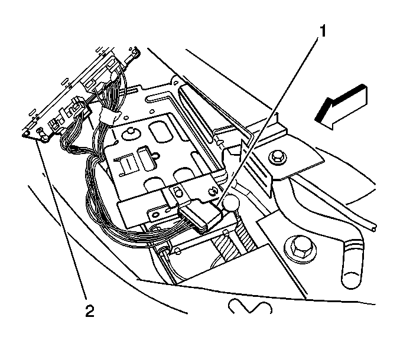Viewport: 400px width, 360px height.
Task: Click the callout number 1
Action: pos(323,31)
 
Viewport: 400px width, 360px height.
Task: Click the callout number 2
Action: pos(90,311)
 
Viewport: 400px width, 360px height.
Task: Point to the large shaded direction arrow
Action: pos(341,107)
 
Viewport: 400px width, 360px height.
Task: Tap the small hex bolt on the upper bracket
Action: pos(278,158)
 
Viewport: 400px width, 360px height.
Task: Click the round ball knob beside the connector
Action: pos(232,202)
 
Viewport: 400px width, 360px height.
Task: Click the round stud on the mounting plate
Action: pos(131,134)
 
